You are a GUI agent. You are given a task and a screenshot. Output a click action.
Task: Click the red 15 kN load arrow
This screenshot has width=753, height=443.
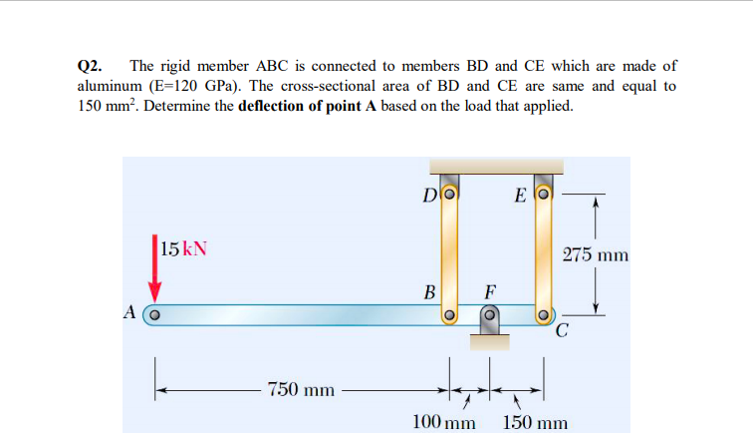155,265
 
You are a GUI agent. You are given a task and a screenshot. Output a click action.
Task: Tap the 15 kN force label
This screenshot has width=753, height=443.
184,248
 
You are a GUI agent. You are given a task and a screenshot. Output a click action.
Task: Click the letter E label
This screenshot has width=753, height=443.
520,193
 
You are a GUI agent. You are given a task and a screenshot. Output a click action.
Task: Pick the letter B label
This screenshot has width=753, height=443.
430,293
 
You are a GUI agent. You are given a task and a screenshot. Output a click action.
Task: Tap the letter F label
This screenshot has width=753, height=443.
489,293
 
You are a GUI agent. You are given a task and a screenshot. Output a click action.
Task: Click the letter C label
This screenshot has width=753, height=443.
563,333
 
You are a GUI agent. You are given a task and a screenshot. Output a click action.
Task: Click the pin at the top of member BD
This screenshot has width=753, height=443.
449,193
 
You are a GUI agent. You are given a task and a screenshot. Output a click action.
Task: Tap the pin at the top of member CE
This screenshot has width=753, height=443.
544,193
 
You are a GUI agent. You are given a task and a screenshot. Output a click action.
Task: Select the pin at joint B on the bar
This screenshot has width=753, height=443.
449,315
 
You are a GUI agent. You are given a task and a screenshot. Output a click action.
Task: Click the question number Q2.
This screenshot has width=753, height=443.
90,66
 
